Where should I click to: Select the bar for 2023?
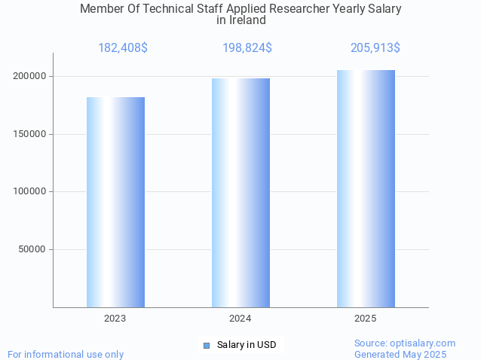click(115, 202)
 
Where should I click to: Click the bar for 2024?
click(240, 193)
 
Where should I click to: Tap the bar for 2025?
click(366, 188)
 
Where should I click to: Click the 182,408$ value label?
click(123, 48)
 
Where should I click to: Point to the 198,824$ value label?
click(247, 48)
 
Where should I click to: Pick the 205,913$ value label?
click(375, 48)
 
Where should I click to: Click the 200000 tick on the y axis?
click(30, 76)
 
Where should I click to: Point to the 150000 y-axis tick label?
click(30, 134)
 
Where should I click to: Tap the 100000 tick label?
click(30, 191)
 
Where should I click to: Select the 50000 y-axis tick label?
click(33, 249)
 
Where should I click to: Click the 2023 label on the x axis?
click(115, 319)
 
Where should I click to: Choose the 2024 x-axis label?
click(240, 319)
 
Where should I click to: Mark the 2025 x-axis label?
click(366, 319)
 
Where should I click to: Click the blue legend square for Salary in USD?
click(206, 345)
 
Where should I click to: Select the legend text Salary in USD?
click(247, 345)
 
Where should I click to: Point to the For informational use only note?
click(66, 354)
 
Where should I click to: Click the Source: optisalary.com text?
click(405, 343)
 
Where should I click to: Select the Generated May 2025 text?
click(400, 354)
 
